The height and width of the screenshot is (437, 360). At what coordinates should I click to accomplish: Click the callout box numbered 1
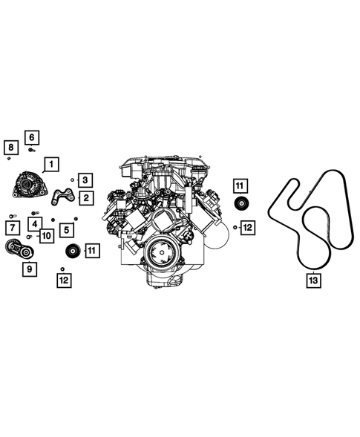[x=51, y=165]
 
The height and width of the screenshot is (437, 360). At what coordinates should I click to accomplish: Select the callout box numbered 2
[x=86, y=197]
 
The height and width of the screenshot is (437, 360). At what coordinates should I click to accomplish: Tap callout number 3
[x=86, y=180]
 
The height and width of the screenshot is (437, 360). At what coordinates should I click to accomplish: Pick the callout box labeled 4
[x=36, y=222]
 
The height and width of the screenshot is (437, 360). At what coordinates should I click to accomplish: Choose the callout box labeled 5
[x=67, y=231]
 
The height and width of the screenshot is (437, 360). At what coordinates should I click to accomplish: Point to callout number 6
[x=32, y=137]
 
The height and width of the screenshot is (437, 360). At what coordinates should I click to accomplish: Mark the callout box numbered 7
[x=13, y=227]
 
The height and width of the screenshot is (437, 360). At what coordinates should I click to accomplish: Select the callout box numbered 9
[x=29, y=271]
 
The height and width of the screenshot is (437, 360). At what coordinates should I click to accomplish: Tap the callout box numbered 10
[x=46, y=236]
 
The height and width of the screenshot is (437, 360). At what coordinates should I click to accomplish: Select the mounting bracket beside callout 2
[x=64, y=197]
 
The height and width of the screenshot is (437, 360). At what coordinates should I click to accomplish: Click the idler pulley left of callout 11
[x=72, y=250]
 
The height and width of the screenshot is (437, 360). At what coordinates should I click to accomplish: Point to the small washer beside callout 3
[x=73, y=180]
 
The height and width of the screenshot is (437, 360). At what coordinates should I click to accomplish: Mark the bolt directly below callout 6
[x=31, y=149]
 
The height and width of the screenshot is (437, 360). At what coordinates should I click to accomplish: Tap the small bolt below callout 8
[x=8, y=157]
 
